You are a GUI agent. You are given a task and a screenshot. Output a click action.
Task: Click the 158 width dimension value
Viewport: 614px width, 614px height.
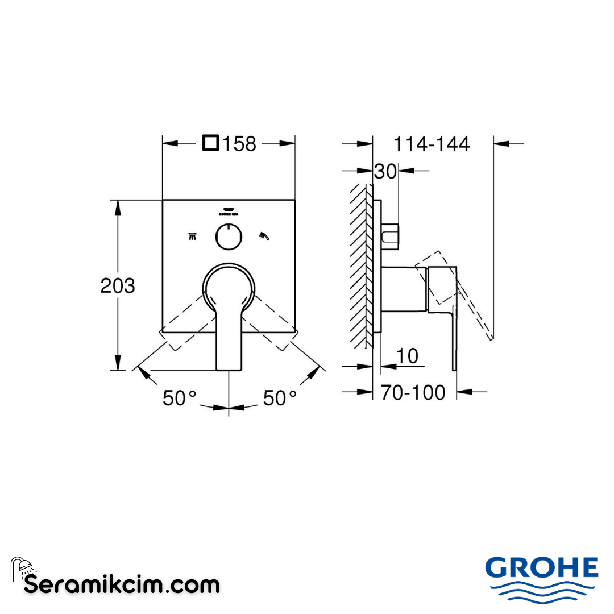239,144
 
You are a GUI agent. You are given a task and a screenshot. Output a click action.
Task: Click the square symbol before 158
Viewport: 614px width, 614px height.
211,143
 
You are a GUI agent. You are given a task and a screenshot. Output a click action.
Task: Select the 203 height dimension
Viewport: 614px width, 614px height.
118,285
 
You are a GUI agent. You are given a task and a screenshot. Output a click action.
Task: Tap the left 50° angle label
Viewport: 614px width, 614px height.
179,398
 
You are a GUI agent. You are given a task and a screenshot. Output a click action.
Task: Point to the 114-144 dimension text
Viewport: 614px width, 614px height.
432,144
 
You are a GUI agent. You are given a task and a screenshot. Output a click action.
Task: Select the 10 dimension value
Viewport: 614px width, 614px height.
406,356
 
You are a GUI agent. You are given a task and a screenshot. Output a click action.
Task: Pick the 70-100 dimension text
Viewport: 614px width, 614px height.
413,392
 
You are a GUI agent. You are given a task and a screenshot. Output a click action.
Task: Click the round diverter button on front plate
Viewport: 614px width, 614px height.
229,237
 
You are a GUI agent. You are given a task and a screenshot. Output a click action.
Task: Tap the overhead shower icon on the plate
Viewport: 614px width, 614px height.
193,236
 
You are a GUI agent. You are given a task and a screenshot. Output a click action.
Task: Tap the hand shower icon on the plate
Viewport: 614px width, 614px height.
264,235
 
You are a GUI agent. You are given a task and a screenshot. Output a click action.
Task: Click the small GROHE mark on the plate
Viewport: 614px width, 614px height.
229,211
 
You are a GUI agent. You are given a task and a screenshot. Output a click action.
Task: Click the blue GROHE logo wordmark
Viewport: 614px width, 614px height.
541,567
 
